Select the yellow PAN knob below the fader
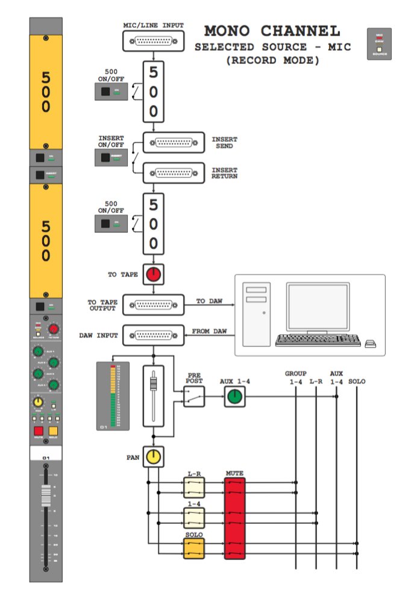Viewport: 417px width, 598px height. pos(154,458)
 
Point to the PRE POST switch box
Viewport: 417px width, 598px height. pos(194,396)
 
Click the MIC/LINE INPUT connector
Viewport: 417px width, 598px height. pos(153,41)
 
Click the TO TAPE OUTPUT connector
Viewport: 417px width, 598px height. pos(153,304)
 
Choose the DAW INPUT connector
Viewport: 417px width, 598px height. pos(153,335)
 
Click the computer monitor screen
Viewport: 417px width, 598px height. pos(318,307)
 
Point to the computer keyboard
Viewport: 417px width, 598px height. pos(318,341)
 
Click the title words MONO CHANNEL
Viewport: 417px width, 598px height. pos(272,31)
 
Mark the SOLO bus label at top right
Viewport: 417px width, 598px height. pos(357,382)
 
